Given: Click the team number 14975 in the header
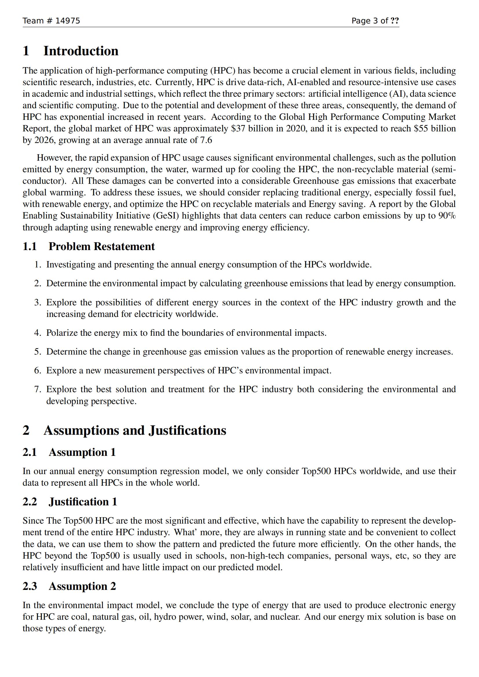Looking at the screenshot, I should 68,21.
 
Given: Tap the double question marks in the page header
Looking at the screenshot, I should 395,21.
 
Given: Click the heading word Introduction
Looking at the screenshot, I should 81,51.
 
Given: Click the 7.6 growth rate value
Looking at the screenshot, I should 206,140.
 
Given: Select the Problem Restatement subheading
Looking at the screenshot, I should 101,247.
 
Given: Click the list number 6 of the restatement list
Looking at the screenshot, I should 37,371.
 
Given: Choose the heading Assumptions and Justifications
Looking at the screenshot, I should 135,430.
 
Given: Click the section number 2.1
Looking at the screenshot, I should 30,452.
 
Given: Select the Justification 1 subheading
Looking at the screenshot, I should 83,502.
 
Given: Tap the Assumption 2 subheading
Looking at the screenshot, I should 82,586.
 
